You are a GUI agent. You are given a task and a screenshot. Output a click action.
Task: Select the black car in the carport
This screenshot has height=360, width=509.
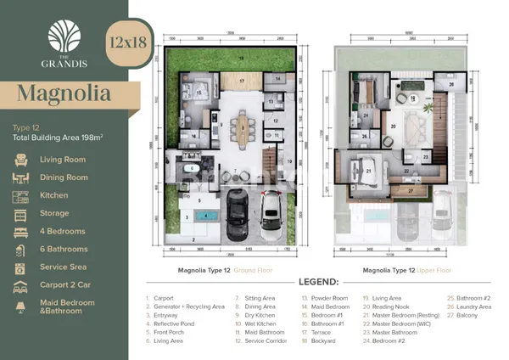click(236, 218)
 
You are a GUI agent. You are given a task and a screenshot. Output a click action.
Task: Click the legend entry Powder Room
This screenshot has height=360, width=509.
click(327, 299)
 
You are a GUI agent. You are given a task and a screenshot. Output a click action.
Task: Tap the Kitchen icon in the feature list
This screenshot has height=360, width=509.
click(21, 196)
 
